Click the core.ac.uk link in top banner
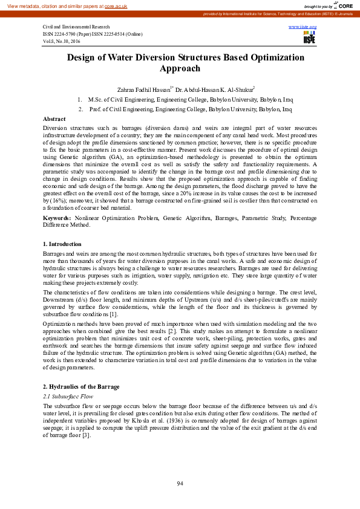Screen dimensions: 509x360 [116, 5]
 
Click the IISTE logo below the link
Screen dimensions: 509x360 [309, 39]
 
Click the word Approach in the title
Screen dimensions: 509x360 [180, 68]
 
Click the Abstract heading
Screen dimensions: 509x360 [54, 119]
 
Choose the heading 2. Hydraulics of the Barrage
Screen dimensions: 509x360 [81, 386]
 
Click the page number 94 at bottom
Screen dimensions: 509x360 [180, 484]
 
